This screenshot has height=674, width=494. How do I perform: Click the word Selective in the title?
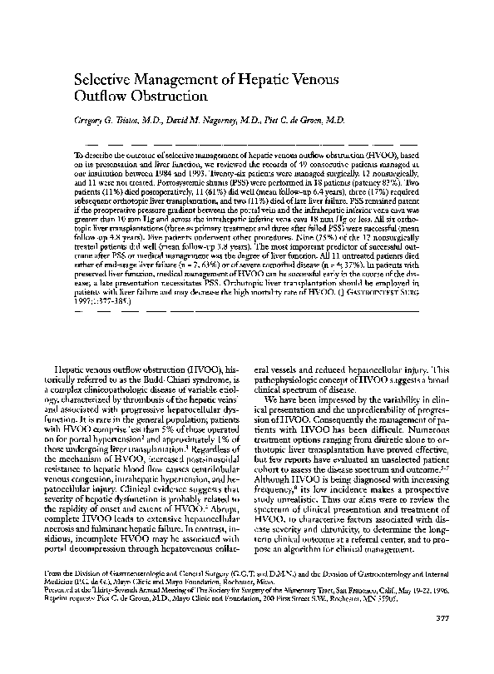(x=107, y=80)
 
